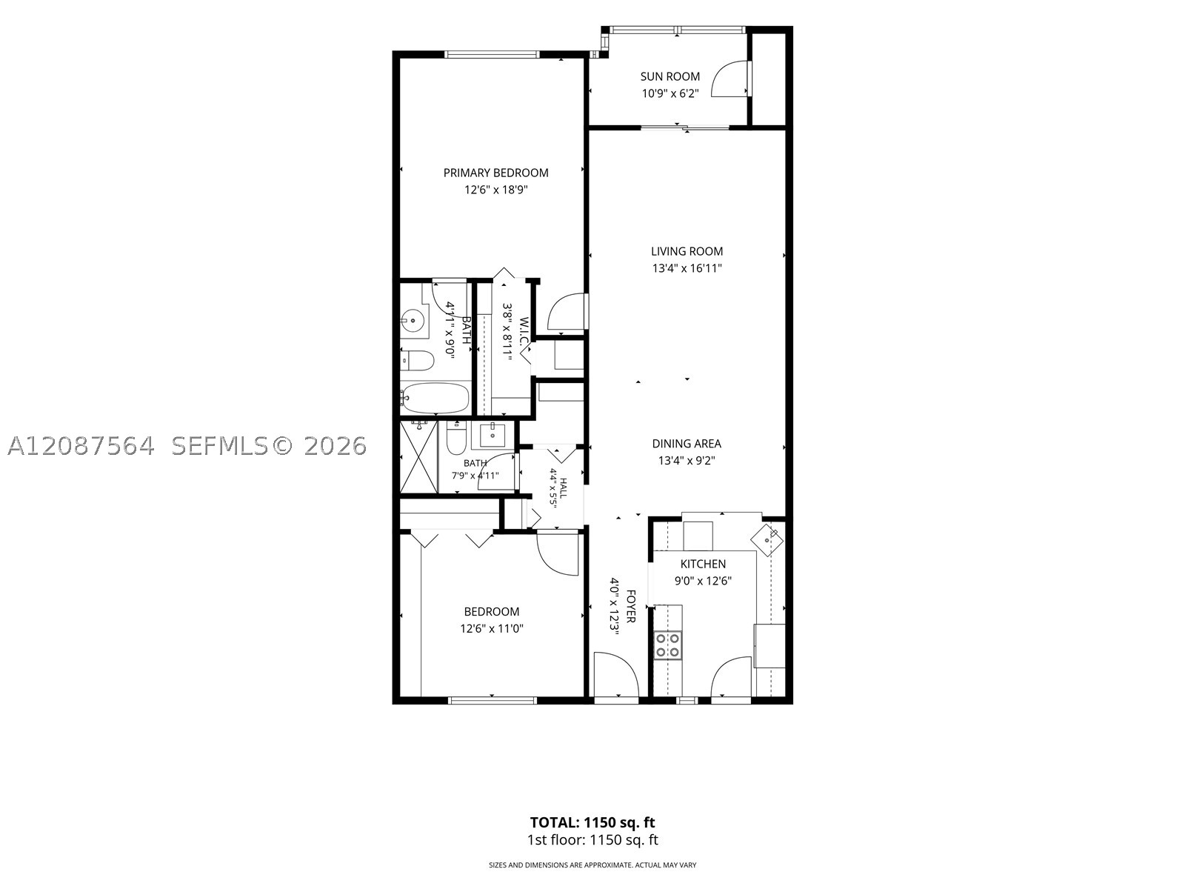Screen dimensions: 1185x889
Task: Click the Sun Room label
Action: click(x=670, y=76)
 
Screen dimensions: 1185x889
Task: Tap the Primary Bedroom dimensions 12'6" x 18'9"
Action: click(x=495, y=190)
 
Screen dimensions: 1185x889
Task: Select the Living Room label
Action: click(x=687, y=251)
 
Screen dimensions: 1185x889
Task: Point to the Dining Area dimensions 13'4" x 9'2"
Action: click(x=687, y=461)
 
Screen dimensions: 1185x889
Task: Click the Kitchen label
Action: click(x=703, y=564)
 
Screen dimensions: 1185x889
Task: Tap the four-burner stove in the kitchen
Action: click(x=668, y=645)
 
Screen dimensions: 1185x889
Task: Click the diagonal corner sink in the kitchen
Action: click(x=767, y=539)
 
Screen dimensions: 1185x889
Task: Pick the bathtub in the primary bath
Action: click(x=435, y=398)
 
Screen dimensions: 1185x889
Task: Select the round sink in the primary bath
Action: click(x=413, y=320)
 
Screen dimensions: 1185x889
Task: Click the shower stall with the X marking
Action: click(x=419, y=457)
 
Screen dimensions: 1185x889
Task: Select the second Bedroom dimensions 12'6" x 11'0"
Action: click(x=492, y=629)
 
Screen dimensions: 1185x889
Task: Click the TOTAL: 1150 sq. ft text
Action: click(x=592, y=822)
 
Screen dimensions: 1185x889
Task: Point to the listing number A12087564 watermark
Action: click(x=81, y=446)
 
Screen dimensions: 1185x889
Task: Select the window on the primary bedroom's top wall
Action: click(x=492, y=54)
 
